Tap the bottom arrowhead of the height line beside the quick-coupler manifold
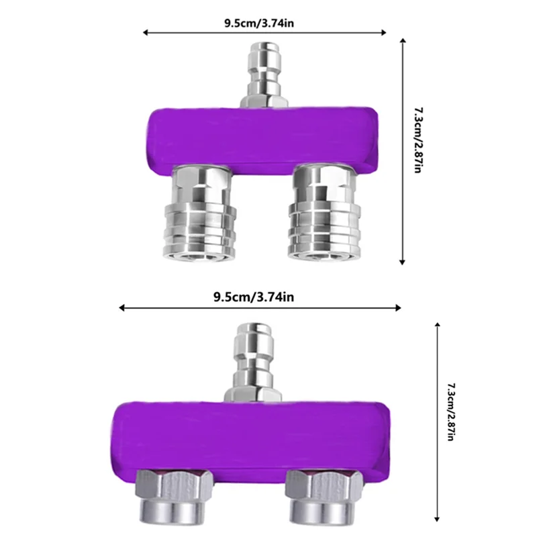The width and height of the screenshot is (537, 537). [x=402, y=262]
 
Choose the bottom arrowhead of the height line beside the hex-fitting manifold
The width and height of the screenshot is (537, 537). [x=438, y=518]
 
